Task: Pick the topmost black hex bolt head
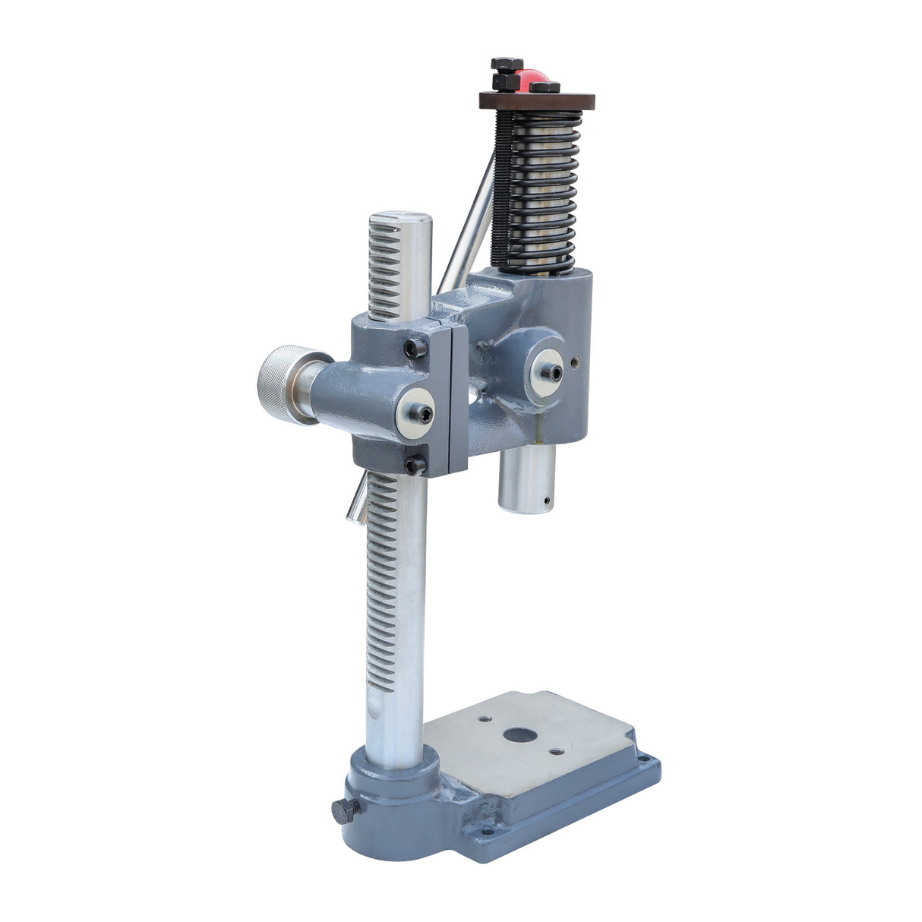pyautogui.click(x=507, y=64)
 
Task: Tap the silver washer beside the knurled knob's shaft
pyautogui.click(x=415, y=414)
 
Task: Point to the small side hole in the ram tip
pyautogui.click(x=545, y=500)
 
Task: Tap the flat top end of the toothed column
pyautogui.click(x=400, y=219)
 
